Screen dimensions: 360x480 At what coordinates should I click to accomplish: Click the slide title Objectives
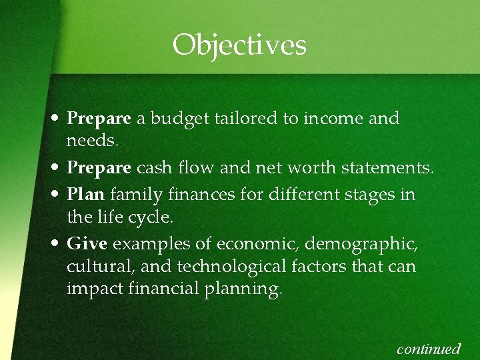(239, 45)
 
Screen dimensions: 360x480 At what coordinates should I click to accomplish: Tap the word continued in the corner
(429, 349)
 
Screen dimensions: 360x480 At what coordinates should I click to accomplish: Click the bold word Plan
(86, 195)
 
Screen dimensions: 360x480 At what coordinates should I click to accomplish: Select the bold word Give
(87, 244)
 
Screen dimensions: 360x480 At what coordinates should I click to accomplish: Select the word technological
(242, 267)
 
